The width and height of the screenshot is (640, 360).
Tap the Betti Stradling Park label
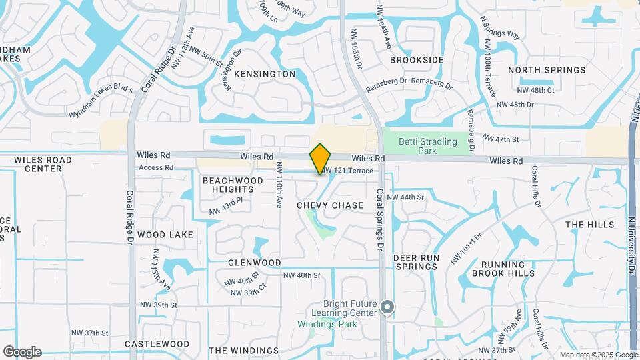coord(428,146)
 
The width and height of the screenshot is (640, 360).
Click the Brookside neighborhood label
coord(417,60)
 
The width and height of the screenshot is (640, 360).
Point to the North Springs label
coord(547,70)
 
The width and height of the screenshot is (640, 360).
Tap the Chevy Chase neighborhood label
coord(330,205)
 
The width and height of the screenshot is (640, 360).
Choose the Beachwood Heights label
coord(233,185)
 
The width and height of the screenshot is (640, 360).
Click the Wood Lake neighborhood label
coord(165,235)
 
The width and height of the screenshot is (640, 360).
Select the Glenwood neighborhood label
coord(255,263)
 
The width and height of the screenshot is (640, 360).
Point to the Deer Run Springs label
coord(415,262)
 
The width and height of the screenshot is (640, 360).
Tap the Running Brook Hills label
coord(503,269)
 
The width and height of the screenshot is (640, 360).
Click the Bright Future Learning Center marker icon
coord(387,307)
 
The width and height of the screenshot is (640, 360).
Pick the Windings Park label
coord(327,325)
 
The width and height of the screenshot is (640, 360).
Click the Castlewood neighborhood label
coord(157,344)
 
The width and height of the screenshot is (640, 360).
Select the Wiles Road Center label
coord(42,164)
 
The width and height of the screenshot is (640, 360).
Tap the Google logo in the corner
coord(22,352)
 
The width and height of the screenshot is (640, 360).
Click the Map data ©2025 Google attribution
coord(599,355)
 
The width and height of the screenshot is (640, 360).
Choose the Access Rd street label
coord(157,167)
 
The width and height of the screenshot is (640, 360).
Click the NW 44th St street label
coord(405,197)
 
